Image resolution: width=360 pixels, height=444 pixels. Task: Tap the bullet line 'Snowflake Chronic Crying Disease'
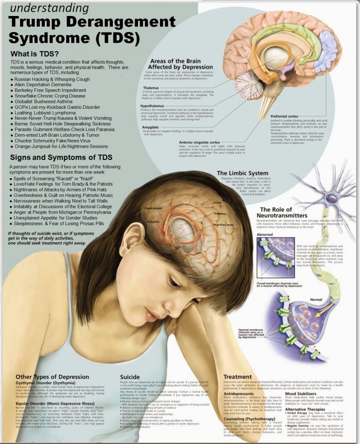(49, 95)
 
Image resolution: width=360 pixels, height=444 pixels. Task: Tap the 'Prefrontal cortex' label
(284, 116)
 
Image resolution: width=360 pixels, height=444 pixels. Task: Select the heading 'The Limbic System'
(242, 173)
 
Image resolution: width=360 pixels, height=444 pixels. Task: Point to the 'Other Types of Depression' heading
(52, 377)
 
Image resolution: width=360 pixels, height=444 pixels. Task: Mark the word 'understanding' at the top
(48, 8)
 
